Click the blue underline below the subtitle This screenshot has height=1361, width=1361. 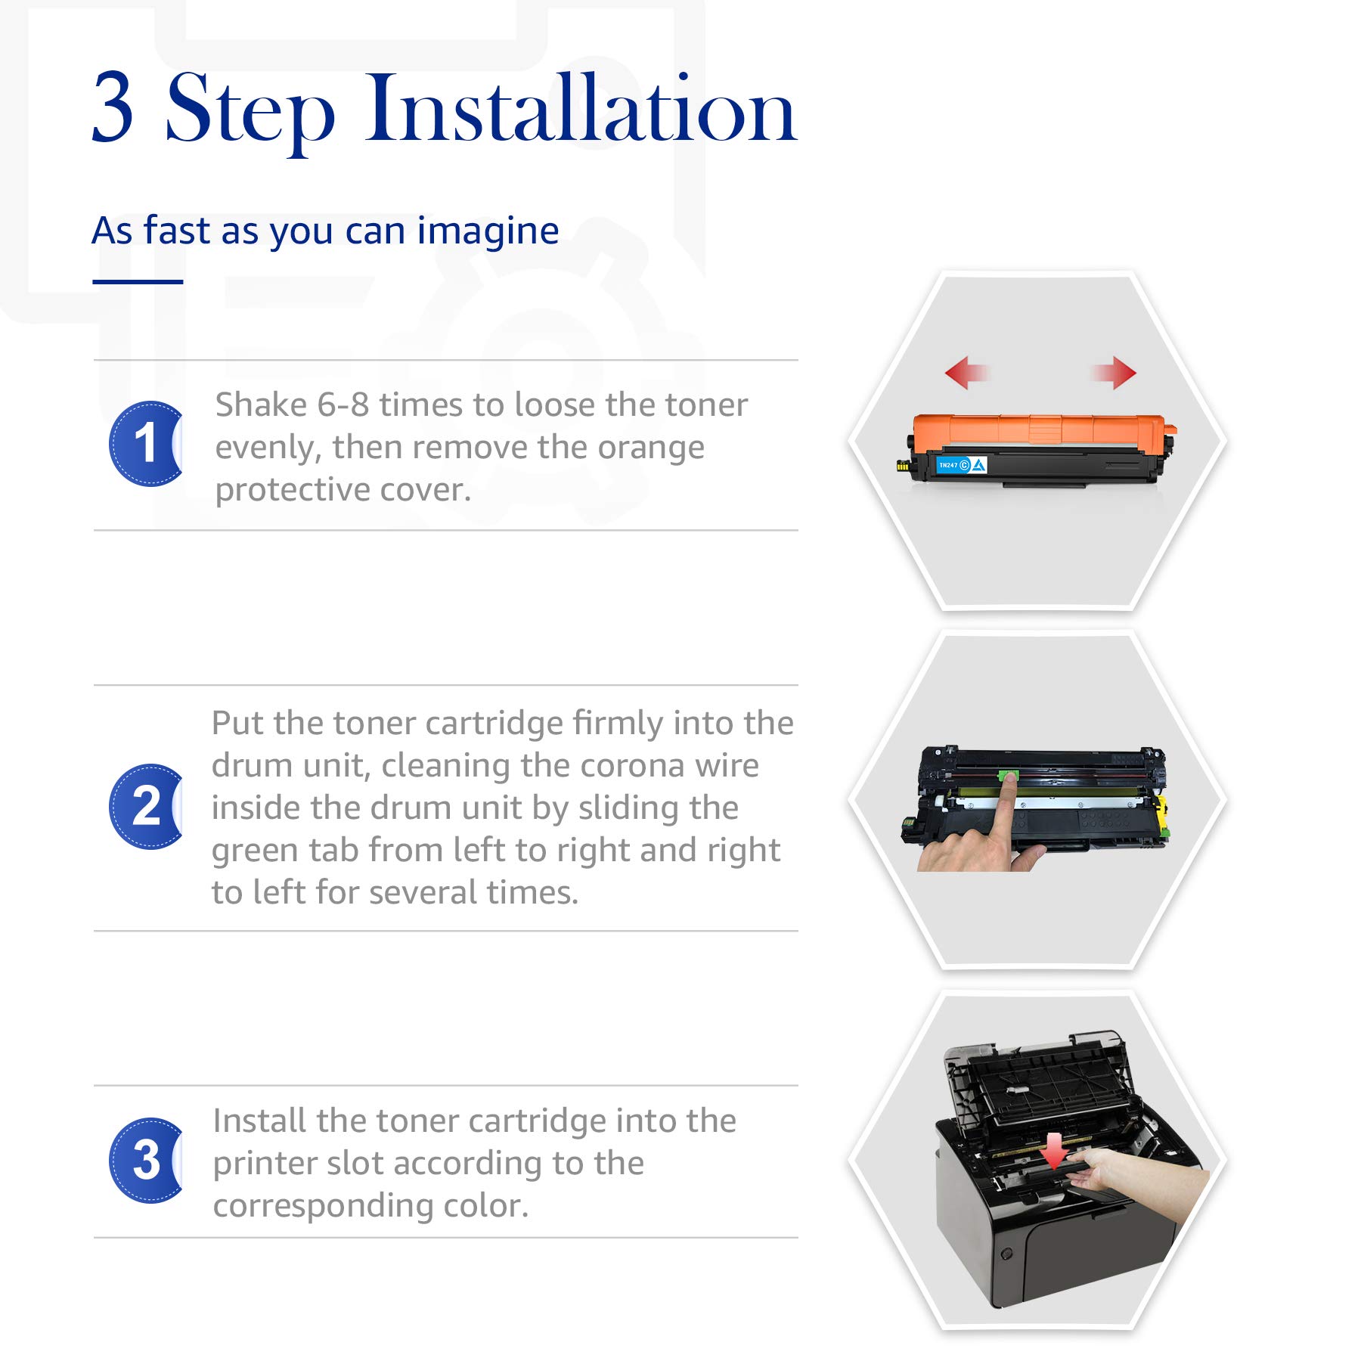coord(138,282)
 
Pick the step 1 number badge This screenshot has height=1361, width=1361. coord(146,444)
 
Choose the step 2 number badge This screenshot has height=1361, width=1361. coord(146,807)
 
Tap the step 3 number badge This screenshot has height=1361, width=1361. coord(146,1161)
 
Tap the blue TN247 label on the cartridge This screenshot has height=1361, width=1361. coord(962,465)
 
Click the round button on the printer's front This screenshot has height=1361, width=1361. coord(1006,1254)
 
